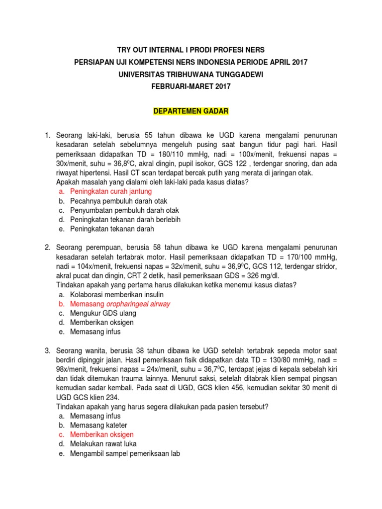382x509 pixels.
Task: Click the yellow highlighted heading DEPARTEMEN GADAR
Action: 191,112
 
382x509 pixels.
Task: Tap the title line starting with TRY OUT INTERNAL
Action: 191,50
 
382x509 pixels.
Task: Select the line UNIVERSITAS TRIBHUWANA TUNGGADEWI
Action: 191,74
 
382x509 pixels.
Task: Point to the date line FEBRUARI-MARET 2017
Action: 191,86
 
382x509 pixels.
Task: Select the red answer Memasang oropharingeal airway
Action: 124,303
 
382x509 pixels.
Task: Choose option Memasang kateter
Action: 98,425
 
